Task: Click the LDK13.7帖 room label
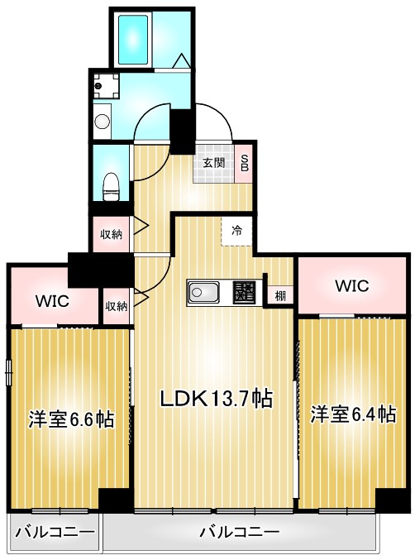tap(216, 398)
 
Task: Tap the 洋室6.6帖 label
tap(72, 419)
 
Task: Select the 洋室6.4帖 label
tap(353, 414)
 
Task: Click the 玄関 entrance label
tap(213, 163)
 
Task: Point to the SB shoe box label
tap(246, 163)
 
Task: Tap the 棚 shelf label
tap(281, 295)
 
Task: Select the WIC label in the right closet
tap(351, 285)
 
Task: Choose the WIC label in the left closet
tap(51, 300)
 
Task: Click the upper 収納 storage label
tap(112, 234)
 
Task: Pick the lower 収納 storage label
tap(117, 306)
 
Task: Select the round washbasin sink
tap(102, 122)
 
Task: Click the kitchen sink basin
tap(203, 292)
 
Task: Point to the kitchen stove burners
tap(244, 292)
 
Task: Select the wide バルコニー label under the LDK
tap(240, 530)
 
